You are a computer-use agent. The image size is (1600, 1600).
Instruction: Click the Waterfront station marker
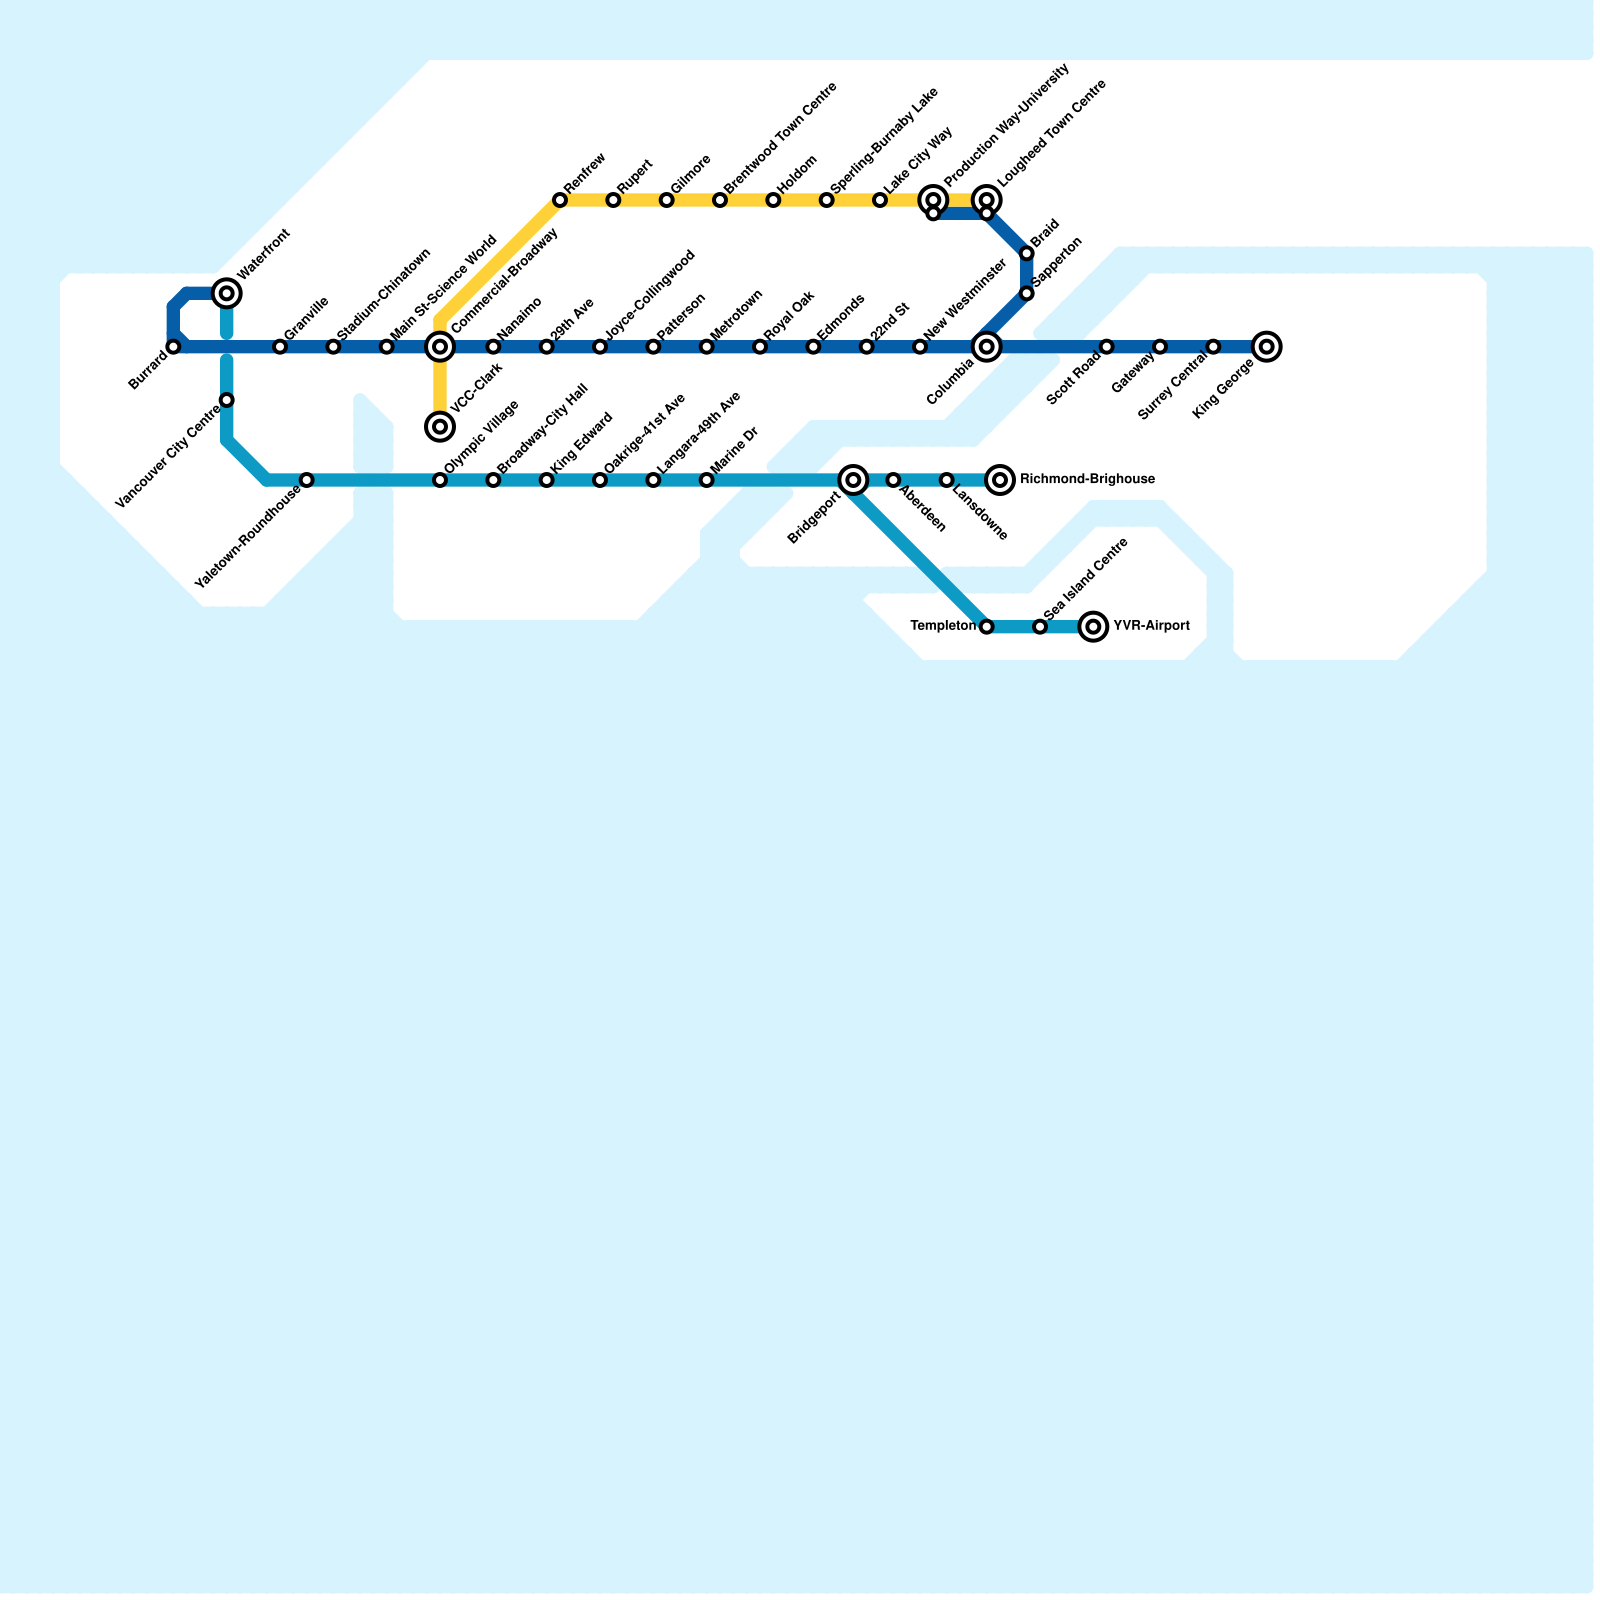(227, 293)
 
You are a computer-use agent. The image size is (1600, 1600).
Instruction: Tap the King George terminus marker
(1266, 347)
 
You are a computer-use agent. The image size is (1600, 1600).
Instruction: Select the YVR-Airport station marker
(1094, 627)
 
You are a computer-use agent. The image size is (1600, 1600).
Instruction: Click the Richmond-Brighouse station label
(1087, 480)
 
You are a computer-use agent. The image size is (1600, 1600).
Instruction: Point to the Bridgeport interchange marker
(853, 480)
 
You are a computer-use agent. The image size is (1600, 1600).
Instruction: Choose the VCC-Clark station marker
(440, 427)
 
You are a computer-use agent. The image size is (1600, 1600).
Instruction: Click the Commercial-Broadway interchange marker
(440, 347)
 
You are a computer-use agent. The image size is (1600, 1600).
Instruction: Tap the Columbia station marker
(987, 347)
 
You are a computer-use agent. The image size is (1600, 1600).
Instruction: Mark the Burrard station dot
(174, 347)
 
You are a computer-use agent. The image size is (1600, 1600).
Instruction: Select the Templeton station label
(943, 627)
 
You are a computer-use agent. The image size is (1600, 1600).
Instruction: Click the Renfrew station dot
(560, 201)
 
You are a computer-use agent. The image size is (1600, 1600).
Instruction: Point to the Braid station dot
(1027, 254)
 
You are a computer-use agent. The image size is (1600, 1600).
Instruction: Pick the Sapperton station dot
(1027, 293)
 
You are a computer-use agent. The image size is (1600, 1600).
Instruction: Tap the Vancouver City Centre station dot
(227, 400)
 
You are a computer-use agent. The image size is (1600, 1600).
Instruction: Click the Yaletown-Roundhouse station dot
(307, 480)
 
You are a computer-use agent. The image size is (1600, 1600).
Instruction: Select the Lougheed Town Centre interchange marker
(987, 200)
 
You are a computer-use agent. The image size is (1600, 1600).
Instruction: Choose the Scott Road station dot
(1107, 347)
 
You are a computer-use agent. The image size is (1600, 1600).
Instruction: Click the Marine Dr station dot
(707, 480)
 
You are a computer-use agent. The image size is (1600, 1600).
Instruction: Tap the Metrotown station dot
(707, 347)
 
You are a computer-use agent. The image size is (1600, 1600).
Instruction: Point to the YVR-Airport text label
(1151, 627)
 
